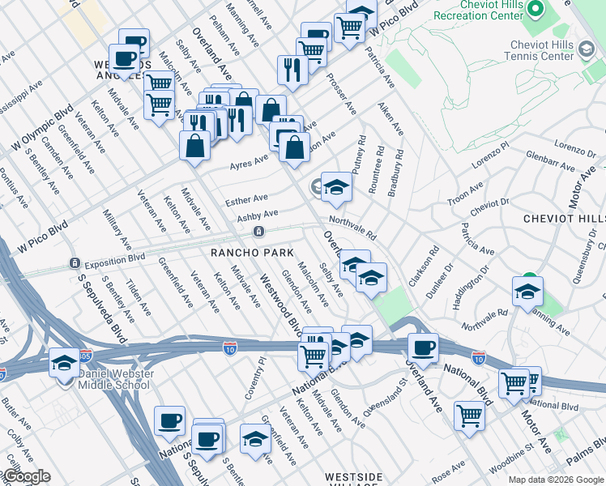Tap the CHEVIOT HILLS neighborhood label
coord(564,220)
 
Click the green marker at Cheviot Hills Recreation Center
coord(535,10)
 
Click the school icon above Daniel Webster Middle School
coord(64,364)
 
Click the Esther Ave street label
coord(246,198)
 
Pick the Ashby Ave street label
coord(257,215)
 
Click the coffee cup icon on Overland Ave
coord(423,349)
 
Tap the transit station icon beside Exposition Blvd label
coord(74,263)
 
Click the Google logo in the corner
coord(27,476)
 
